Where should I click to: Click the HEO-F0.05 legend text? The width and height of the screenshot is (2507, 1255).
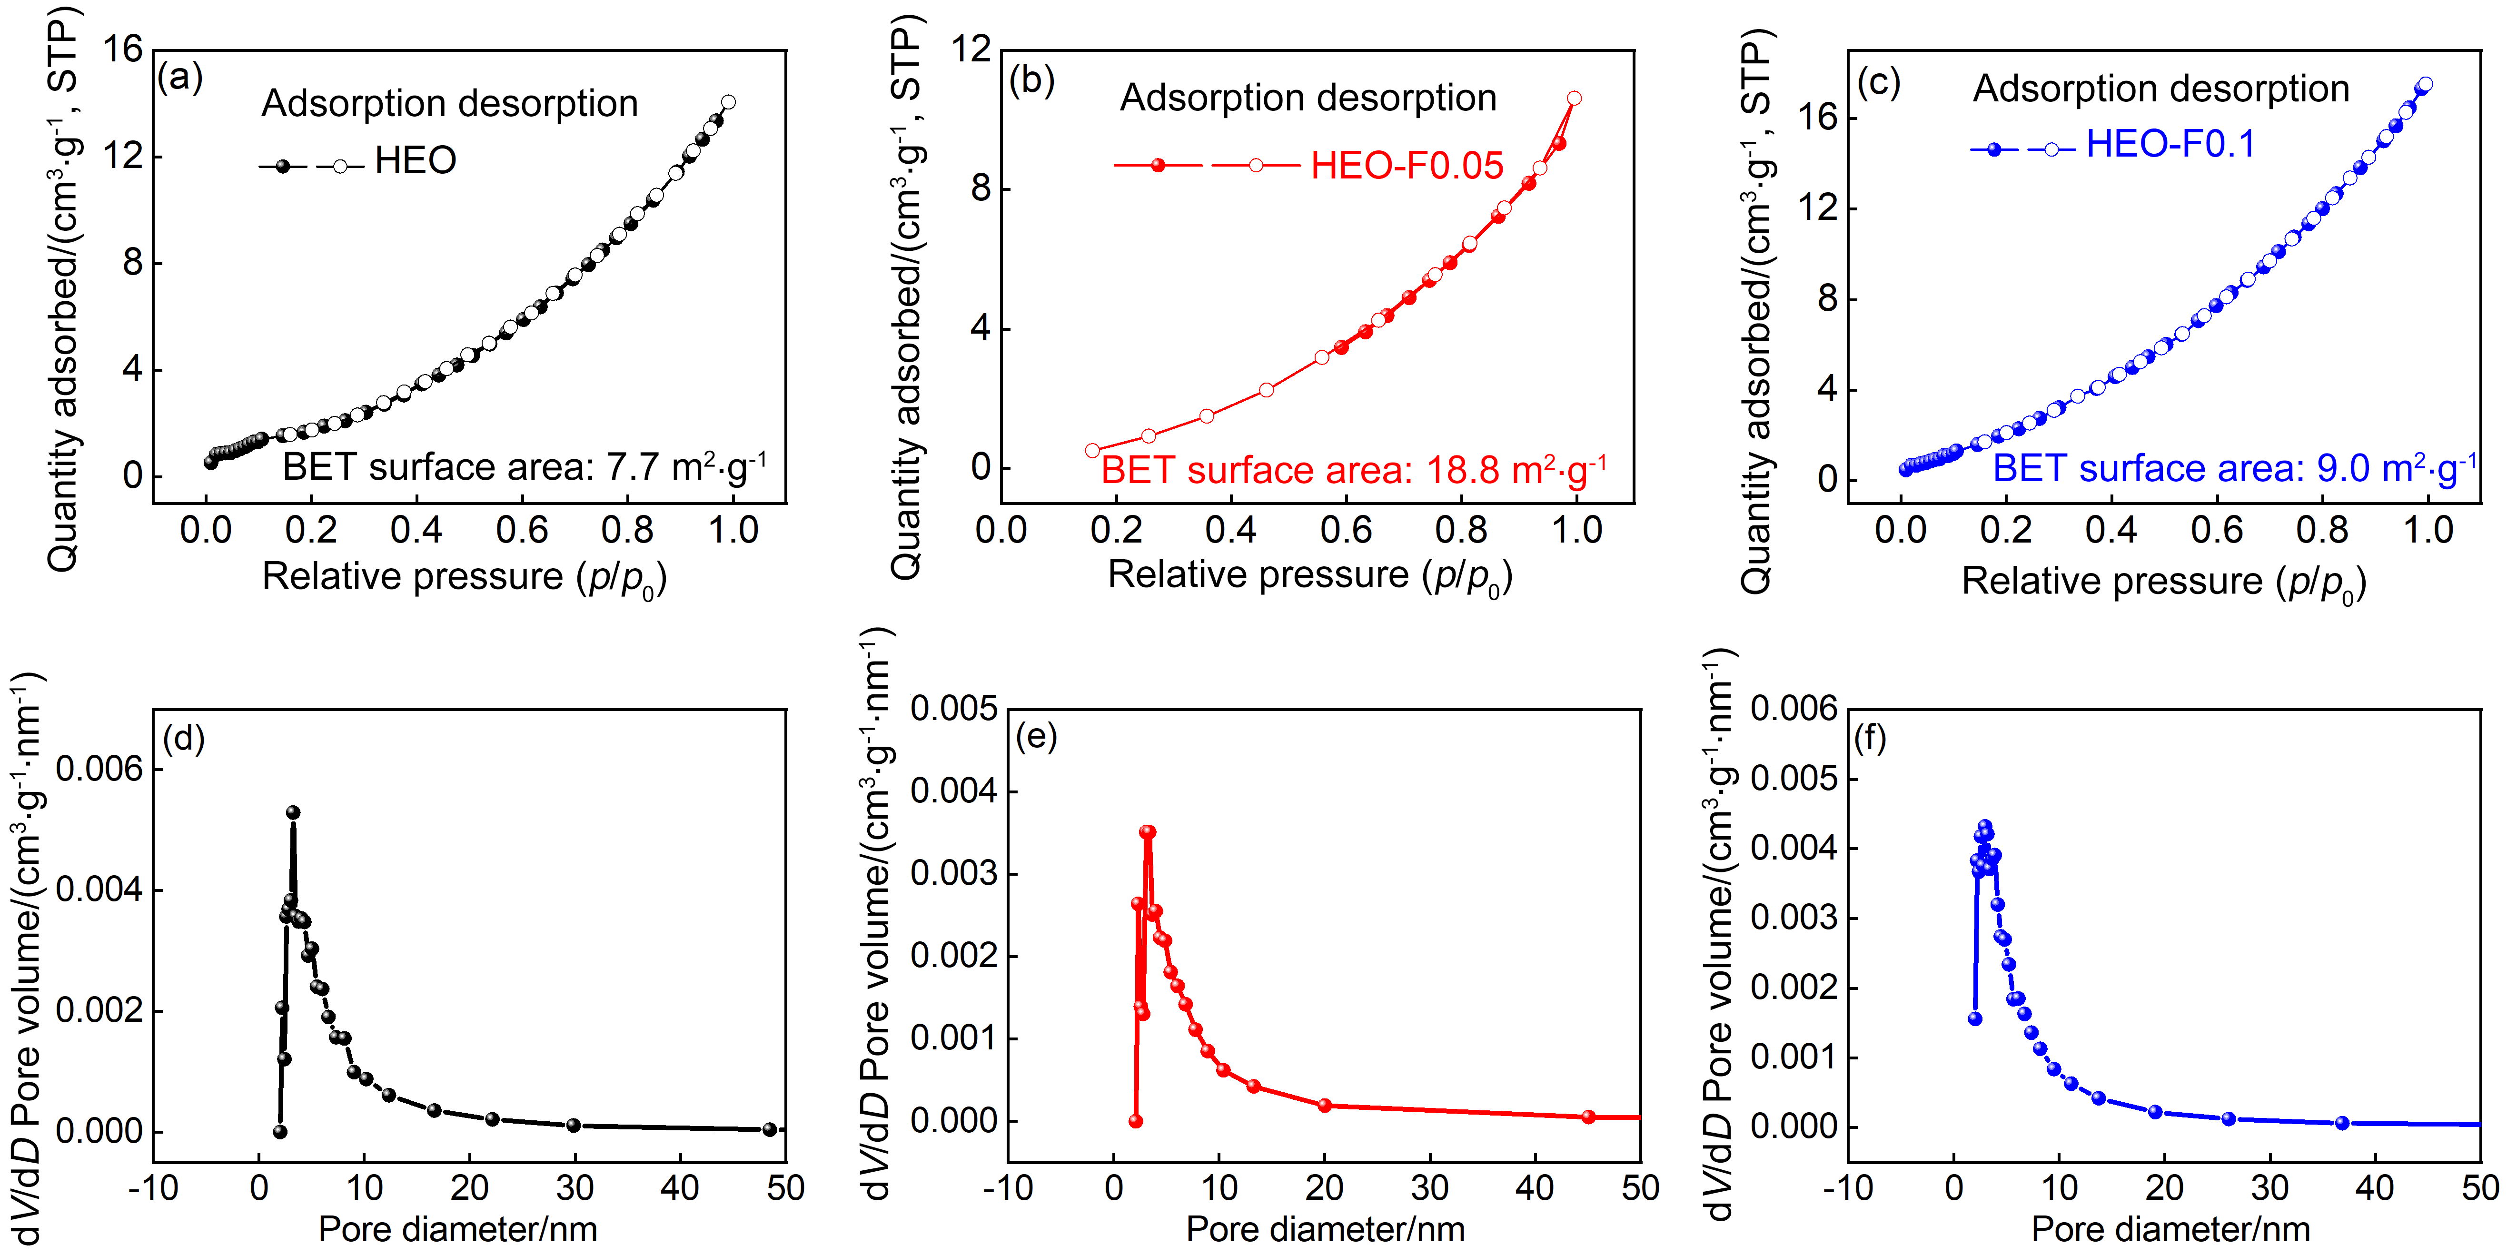pos(1407,166)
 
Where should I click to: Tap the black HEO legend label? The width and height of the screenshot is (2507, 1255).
pos(416,160)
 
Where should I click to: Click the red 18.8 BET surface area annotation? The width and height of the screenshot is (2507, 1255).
pos(1353,471)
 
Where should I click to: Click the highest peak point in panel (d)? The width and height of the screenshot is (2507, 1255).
pos(293,812)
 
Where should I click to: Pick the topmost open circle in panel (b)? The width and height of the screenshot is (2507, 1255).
pos(1574,98)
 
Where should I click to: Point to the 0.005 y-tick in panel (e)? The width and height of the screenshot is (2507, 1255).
pos(954,709)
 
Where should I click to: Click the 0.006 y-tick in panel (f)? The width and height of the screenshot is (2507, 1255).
pos(1794,709)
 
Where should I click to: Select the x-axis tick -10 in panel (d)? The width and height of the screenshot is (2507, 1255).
pos(153,1188)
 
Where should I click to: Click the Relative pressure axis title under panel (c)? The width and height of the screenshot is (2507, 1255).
pos(2162,582)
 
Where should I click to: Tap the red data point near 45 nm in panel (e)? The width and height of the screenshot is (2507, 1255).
pos(1588,1117)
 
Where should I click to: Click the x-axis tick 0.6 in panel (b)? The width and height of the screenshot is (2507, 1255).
pos(1346,530)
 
